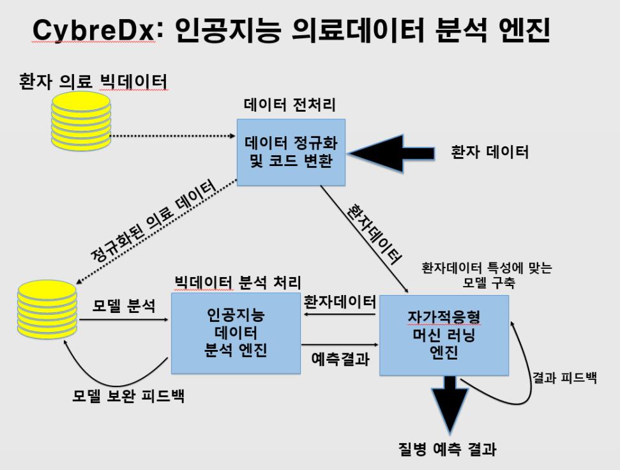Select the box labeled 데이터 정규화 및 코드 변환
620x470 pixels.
[291, 152]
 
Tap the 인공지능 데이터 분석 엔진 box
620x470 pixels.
[236, 333]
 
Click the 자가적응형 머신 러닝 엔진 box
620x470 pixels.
[444, 335]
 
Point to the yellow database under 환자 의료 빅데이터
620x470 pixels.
[80, 121]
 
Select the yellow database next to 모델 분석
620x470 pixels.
[47, 310]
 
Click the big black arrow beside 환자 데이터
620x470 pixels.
[391, 153]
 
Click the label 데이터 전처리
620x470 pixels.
[290, 105]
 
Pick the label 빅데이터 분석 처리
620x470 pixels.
[238, 283]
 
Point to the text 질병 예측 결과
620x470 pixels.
[447, 450]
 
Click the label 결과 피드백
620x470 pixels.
[564, 377]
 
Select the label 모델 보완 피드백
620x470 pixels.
[128, 396]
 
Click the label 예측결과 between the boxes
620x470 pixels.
[340, 359]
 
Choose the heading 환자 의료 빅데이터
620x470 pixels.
[93, 82]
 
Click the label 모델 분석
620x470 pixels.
[124, 305]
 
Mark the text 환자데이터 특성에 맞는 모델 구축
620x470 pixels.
[487, 275]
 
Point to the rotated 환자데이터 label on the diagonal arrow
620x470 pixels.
[374, 233]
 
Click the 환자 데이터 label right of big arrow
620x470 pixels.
[490, 152]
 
